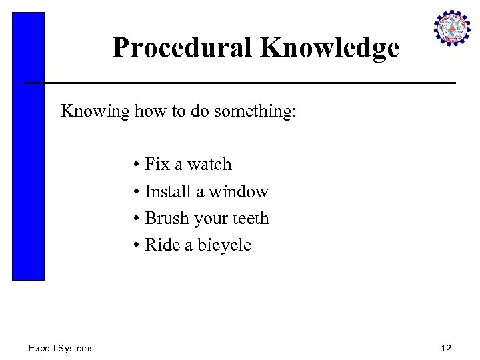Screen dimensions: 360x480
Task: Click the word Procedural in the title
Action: tap(182, 48)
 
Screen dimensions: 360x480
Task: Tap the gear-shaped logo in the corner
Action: tap(452, 28)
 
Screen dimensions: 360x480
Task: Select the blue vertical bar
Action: tap(28, 146)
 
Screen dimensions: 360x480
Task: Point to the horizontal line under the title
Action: tap(240, 83)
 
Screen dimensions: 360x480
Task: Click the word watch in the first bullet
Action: tap(209, 165)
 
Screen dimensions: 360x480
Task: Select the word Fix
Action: tap(157, 165)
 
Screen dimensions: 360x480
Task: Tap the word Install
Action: tap(169, 192)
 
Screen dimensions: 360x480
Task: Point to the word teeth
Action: tap(248, 219)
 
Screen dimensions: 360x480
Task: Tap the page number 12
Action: tap(446, 348)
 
